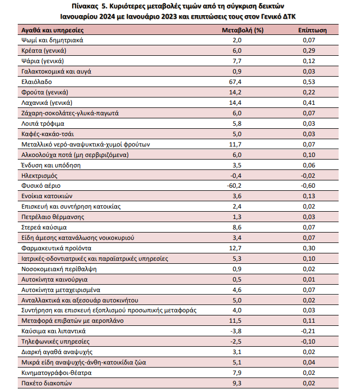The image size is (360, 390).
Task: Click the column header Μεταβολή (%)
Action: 243,30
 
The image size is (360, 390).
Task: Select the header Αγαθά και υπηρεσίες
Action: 50,30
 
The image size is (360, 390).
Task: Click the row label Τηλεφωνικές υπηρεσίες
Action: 55,342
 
